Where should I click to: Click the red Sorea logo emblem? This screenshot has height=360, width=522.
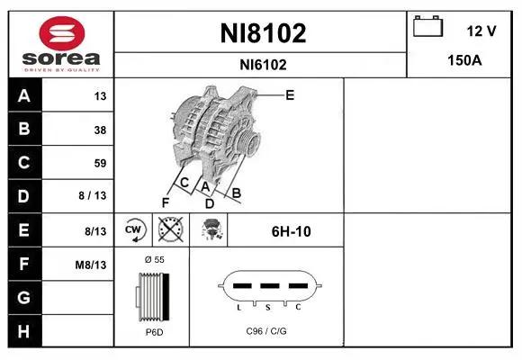pos(62,33)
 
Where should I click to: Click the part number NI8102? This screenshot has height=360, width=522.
pos(263,33)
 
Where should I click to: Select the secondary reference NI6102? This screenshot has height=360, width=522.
pos(263,65)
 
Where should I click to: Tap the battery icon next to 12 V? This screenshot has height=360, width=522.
pos(427,26)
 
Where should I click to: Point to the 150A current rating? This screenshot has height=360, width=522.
pos(464,60)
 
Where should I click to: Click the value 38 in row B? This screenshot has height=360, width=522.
pos(100,130)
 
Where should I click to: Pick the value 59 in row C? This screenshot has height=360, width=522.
pos(100,163)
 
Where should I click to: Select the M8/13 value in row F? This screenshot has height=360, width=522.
pos(91,265)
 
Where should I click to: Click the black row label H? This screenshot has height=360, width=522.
pos(24,331)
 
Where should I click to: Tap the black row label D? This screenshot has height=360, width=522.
pos(24,196)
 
